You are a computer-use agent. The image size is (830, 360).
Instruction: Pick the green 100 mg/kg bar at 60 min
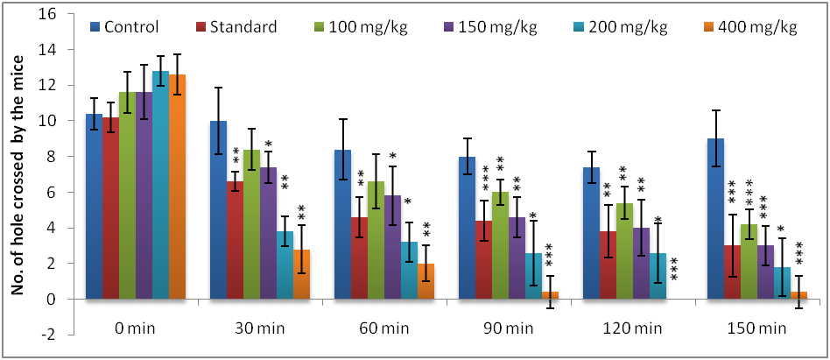375,240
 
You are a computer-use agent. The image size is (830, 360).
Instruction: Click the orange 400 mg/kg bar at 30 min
302,274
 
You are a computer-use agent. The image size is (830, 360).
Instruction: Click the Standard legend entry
240,26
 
